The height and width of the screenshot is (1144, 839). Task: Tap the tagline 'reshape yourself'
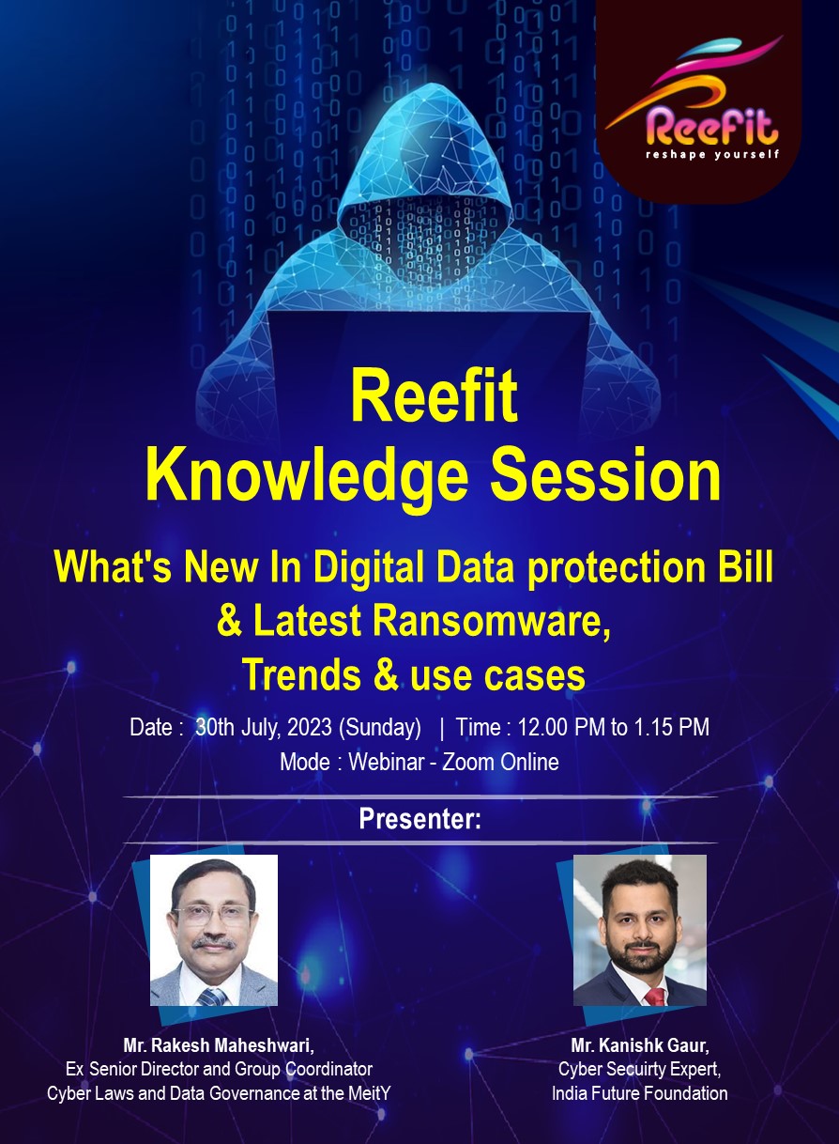pyautogui.click(x=712, y=154)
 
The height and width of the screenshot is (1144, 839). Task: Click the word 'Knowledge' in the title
pyautogui.click(x=307, y=475)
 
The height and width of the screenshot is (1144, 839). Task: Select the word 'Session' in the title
pyautogui.click(x=605, y=473)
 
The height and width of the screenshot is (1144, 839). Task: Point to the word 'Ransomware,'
pyautogui.click(x=492, y=621)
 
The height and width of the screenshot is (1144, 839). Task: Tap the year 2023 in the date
pyautogui.click(x=310, y=727)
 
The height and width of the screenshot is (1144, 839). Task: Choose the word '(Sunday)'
pyautogui.click(x=380, y=728)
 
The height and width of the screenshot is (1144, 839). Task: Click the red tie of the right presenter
pyautogui.click(x=655, y=996)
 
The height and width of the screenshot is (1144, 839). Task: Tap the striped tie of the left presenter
pyautogui.click(x=212, y=997)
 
